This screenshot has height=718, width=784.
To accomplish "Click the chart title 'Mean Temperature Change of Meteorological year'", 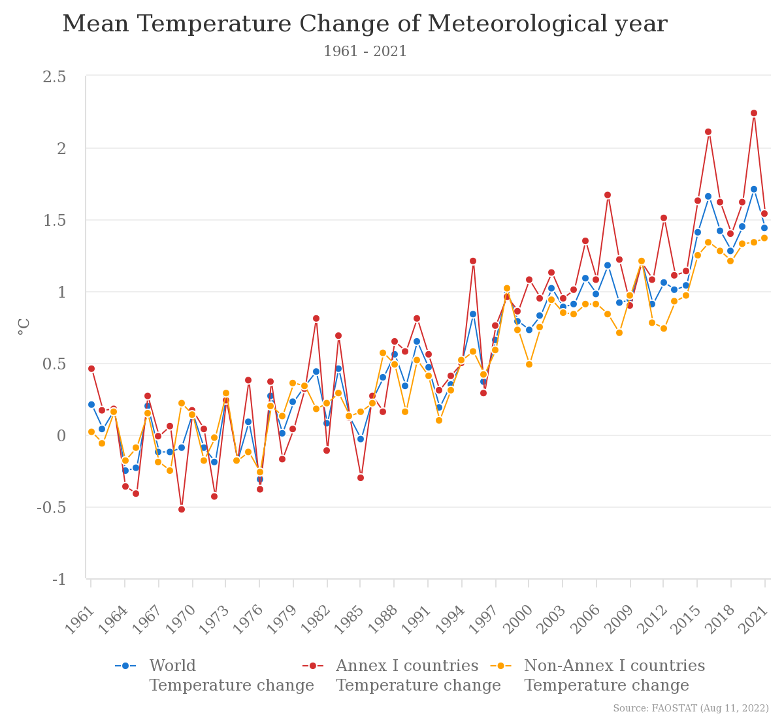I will (x=365, y=25).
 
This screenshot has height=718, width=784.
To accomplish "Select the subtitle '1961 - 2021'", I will (x=365, y=52).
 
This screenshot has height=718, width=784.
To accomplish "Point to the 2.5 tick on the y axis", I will (x=54, y=77).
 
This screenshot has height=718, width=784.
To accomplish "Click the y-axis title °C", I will (x=24, y=326).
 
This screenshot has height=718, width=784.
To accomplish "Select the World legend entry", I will (x=172, y=666).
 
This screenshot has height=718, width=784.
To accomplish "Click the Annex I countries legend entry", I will (x=406, y=666).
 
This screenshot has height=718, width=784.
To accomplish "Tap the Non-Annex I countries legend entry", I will (x=614, y=666).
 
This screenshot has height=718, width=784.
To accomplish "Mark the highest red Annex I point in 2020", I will (x=754, y=113).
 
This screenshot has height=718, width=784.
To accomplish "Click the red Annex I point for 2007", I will (x=608, y=195).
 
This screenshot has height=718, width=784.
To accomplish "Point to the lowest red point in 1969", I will (x=182, y=509).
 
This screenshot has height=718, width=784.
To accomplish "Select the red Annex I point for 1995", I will (x=473, y=261).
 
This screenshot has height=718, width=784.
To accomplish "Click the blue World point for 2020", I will (x=754, y=189).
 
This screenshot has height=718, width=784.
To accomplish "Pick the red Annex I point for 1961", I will (x=91, y=369).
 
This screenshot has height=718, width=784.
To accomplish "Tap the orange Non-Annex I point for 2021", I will (x=764, y=238).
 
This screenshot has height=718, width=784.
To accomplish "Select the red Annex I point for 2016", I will (x=708, y=132).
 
